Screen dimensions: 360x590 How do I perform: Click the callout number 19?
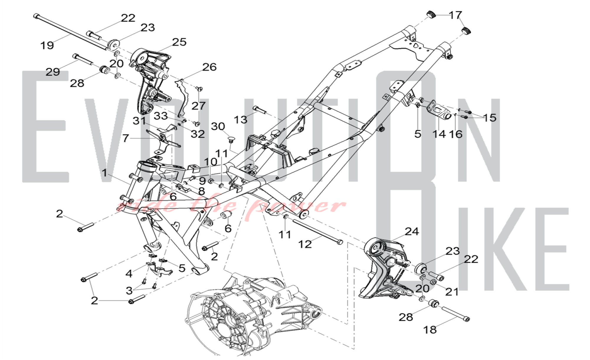47,45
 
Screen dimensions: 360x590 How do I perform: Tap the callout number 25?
179,42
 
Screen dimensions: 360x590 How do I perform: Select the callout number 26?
209,67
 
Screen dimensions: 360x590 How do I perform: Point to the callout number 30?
218,126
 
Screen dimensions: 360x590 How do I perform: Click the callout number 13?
240,120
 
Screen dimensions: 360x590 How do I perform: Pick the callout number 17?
455,15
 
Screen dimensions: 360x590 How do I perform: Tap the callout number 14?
439,134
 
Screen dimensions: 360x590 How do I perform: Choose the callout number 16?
455,134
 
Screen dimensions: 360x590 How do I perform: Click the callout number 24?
412,231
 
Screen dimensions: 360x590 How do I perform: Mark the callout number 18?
430,330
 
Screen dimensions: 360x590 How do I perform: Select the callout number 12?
305,244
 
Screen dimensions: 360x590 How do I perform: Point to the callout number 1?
104,173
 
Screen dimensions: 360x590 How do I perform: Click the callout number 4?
129,274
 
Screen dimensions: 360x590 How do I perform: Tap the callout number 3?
129,291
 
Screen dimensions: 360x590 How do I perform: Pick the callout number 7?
126,138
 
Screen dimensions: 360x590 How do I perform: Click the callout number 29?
53,72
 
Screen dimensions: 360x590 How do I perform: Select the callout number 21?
452,292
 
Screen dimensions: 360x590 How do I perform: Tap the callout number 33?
161,116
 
